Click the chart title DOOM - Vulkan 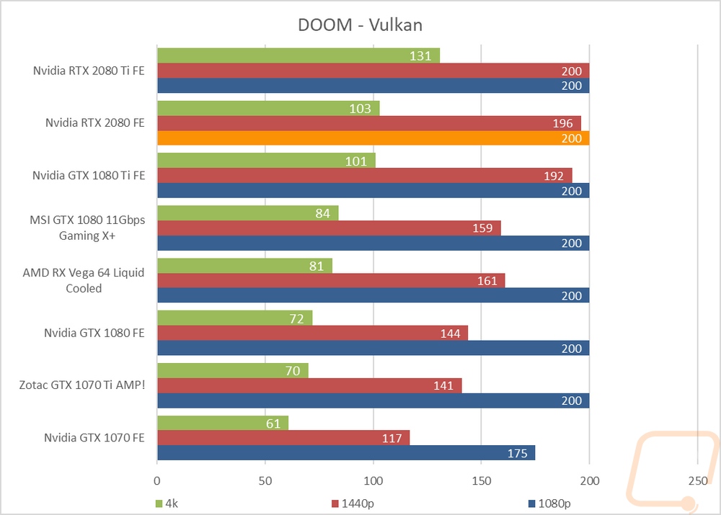pos(360,24)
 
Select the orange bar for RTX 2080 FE pos(373,138)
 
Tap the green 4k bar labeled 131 pos(298,55)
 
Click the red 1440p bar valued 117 pos(283,437)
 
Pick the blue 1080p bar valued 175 pos(345,453)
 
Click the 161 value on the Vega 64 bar pos(487,280)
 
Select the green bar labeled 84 pos(247,212)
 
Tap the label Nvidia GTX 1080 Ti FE pos(89,175)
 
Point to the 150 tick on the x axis pos(481,480)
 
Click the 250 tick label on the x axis pos(696,480)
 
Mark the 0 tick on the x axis pos(157,480)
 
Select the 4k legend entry pos(168,503)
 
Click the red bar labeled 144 pos(312,333)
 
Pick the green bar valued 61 pos(222,423)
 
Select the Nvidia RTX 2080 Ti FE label pos(89,71)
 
